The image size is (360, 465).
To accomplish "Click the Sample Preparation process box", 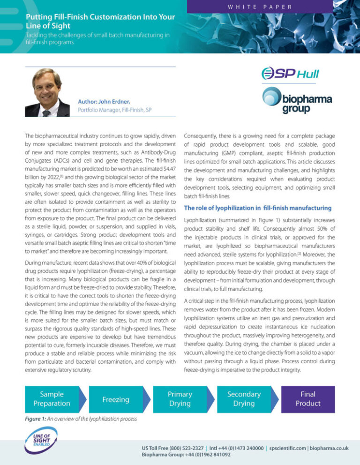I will tap(52, 399).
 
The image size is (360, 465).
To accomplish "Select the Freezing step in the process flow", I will tap(116, 399).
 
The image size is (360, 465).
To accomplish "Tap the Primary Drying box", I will tap(180, 399).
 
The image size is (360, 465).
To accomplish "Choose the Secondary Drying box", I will tap(243, 399).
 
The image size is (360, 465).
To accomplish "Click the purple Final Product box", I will tap(308, 399).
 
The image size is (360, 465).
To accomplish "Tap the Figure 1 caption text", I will tap(81, 419).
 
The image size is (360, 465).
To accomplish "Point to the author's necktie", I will tap(46, 112).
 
